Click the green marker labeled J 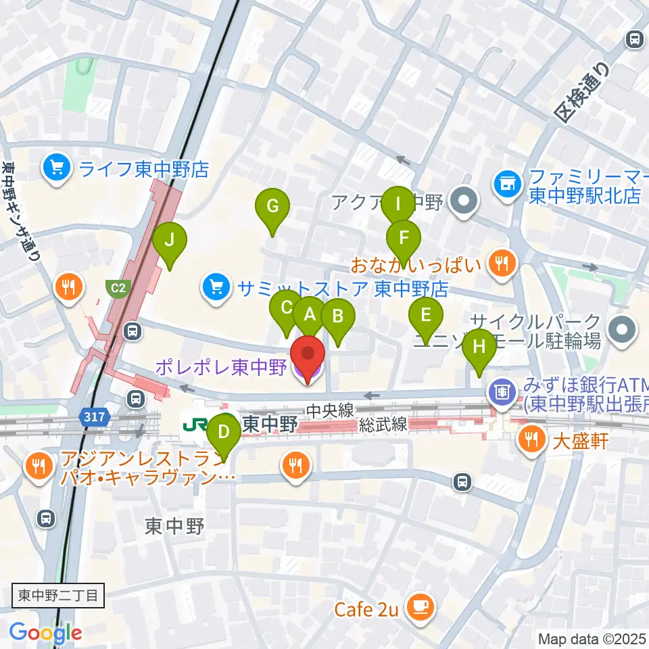[x=169, y=240]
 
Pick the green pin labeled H [x=479, y=347]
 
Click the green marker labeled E [x=426, y=315]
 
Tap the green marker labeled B [x=337, y=316]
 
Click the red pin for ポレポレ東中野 [x=308, y=355]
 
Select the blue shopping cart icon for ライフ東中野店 [x=55, y=167]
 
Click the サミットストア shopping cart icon [x=216, y=289]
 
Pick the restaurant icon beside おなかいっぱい [x=501, y=263]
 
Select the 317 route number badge [x=95, y=417]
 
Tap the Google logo [x=45, y=633]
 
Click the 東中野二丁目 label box [x=58, y=596]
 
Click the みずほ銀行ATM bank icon [x=502, y=391]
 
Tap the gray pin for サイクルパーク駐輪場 [x=623, y=331]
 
